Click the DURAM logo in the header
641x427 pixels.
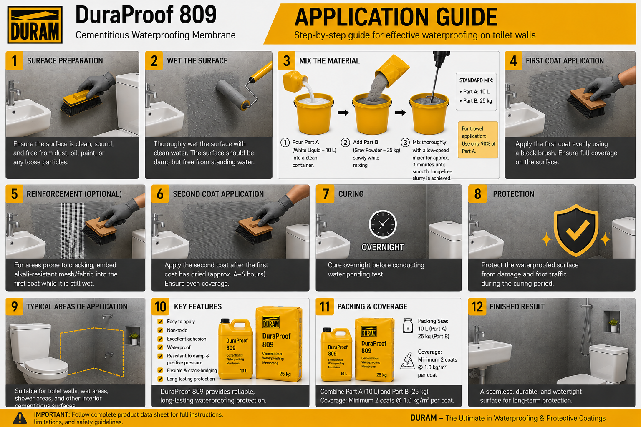(35, 25)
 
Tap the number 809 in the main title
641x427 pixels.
(198, 15)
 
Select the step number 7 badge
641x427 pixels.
(325, 194)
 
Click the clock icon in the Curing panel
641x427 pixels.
(383, 224)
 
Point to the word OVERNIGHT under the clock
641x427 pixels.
(383, 247)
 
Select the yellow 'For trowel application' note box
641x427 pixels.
(478, 140)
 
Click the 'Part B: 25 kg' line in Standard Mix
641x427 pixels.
(476, 100)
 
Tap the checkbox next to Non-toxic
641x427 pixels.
(160, 330)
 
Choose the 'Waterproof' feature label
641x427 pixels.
(179, 347)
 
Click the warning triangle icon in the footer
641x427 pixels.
(20, 418)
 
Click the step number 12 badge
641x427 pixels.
(477, 306)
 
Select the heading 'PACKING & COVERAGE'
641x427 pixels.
(372, 306)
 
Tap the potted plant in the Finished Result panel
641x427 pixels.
(613, 325)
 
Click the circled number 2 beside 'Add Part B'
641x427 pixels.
(345, 143)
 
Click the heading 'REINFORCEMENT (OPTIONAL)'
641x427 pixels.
(74, 194)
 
